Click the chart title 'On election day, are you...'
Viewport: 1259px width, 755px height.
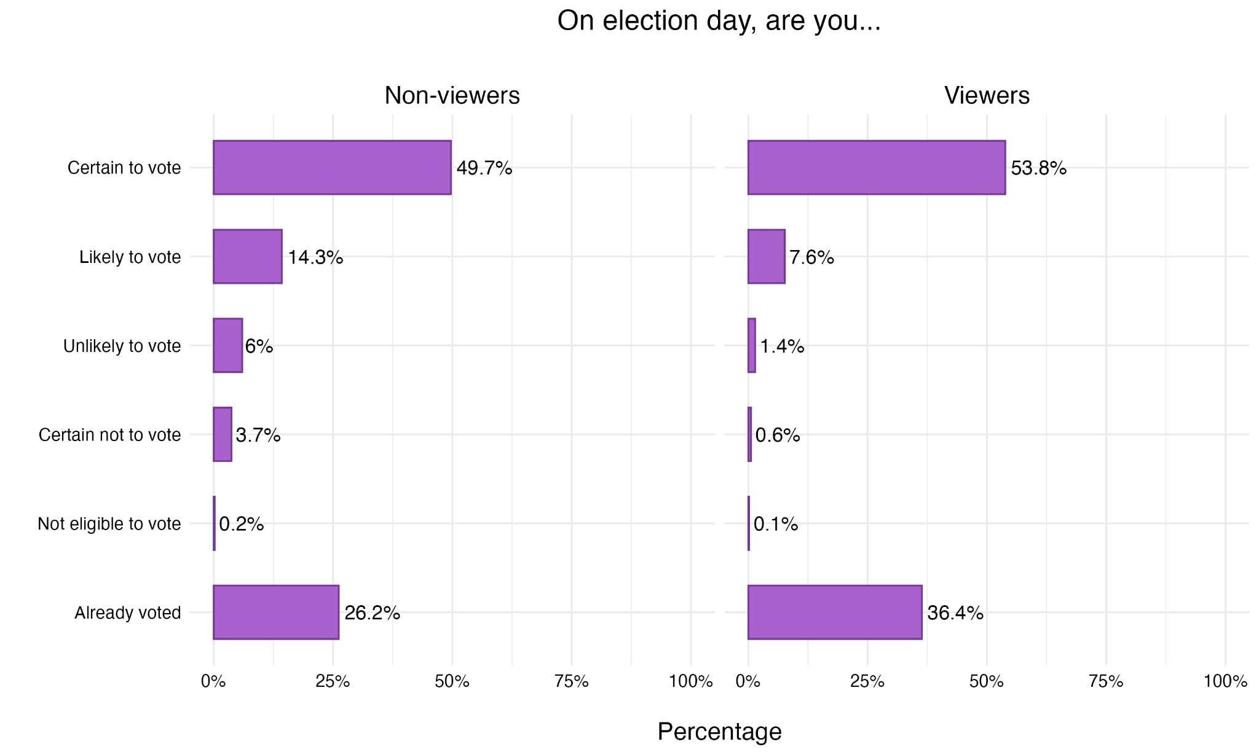pyautogui.click(x=719, y=22)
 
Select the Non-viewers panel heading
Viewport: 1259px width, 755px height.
pyautogui.click(x=452, y=96)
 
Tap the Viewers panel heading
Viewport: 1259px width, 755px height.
pyautogui.click(x=987, y=96)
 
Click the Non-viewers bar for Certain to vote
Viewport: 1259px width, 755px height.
pyautogui.click(x=332, y=168)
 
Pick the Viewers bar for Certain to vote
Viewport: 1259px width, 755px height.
pyautogui.click(x=877, y=168)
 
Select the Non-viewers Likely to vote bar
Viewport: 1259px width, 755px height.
pyautogui.click(x=248, y=257)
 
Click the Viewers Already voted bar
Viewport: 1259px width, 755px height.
pyautogui.click(x=835, y=612)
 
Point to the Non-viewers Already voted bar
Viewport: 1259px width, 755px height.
pyautogui.click(x=276, y=612)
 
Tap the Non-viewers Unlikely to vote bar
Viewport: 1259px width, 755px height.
pyautogui.click(x=228, y=346)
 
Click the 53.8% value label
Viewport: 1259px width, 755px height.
pyautogui.click(x=1038, y=168)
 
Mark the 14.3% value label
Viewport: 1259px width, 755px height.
pyautogui.click(x=315, y=257)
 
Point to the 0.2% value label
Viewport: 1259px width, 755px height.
pyautogui.click(x=242, y=524)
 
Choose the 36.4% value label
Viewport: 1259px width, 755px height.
pyautogui.click(x=955, y=613)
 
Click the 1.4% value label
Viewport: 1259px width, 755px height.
pyautogui.click(x=782, y=346)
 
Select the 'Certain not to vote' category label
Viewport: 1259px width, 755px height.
pyautogui.click(x=109, y=435)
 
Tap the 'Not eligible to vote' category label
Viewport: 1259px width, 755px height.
pyautogui.click(x=109, y=524)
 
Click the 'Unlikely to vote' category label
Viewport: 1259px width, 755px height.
pyautogui.click(x=122, y=346)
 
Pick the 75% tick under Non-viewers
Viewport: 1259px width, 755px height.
pyautogui.click(x=572, y=681)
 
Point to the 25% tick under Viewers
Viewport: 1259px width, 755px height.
pyautogui.click(x=867, y=681)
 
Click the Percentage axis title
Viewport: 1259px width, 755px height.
pyautogui.click(x=719, y=732)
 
